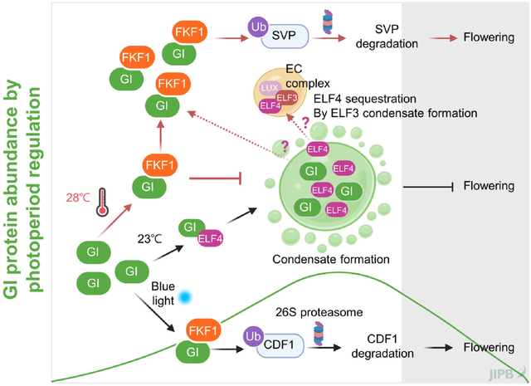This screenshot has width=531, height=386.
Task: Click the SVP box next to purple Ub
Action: (286, 35)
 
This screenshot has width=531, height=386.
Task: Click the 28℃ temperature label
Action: (79, 198)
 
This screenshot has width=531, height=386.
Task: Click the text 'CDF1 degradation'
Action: (390, 346)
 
